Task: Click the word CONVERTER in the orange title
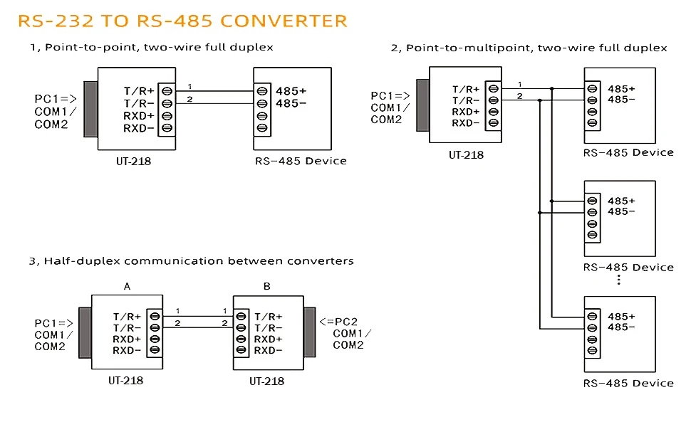pyautogui.click(x=284, y=21)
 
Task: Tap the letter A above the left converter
pyautogui.click(x=128, y=286)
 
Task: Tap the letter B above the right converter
pyautogui.click(x=267, y=286)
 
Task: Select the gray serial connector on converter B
pyautogui.click(x=310, y=333)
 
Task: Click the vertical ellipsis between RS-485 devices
pyautogui.click(x=619, y=280)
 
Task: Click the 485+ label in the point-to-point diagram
pyautogui.click(x=291, y=91)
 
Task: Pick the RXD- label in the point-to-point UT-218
pyautogui.click(x=139, y=128)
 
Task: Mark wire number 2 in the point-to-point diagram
pyautogui.click(x=189, y=99)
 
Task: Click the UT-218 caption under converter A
pyautogui.click(x=125, y=381)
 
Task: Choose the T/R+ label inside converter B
pyautogui.click(x=269, y=317)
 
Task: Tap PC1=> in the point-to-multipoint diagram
pyautogui.click(x=390, y=96)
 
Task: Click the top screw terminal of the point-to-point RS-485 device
pyautogui.click(x=262, y=91)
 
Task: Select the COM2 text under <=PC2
pyautogui.click(x=348, y=345)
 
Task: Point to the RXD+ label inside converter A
pyautogui.click(x=127, y=339)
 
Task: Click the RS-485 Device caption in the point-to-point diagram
pyautogui.click(x=301, y=161)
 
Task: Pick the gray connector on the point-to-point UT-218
pyautogui.click(x=90, y=109)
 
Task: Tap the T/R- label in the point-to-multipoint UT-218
pyautogui.click(x=467, y=100)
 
